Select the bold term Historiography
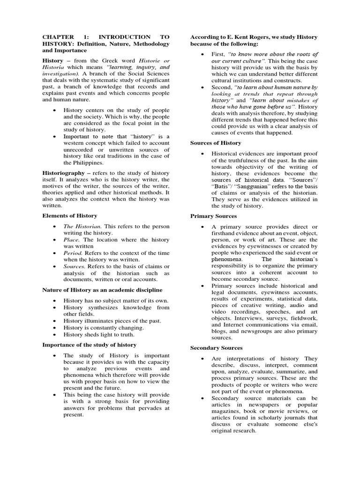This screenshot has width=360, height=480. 64,173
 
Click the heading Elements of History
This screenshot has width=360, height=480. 70,216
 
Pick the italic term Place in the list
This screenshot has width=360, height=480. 72,240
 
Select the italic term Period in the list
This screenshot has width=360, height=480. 74,253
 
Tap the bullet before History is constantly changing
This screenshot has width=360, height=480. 55,328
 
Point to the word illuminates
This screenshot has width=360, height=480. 101,321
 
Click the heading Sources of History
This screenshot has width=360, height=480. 216,143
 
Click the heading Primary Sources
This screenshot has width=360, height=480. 213,216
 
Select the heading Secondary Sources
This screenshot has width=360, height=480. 216,348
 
